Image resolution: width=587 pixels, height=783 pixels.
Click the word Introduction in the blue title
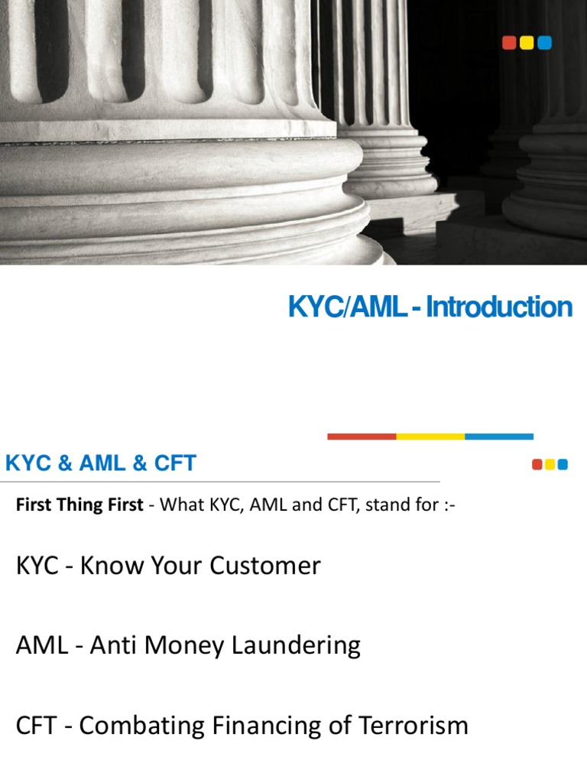click(499, 307)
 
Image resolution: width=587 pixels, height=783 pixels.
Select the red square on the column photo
click(509, 44)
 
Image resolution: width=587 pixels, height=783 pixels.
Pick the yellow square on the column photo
click(527, 44)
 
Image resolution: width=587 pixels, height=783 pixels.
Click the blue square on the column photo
click(544, 44)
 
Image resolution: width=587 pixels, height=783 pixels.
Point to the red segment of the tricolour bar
click(362, 437)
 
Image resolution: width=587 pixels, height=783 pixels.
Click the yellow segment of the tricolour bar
click(430, 437)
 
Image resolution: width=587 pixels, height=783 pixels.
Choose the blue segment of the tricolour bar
click(499, 437)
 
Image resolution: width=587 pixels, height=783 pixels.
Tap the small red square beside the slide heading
click(537, 464)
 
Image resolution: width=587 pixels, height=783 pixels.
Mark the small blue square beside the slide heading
click(563, 464)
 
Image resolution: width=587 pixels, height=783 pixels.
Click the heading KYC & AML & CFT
click(101, 463)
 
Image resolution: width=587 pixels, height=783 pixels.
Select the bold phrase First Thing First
click(79, 505)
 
